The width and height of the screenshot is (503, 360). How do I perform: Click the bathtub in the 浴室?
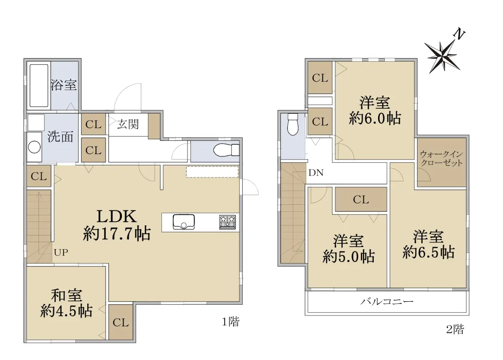coord(39,86)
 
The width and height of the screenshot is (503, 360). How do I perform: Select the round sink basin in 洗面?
coord(34,147)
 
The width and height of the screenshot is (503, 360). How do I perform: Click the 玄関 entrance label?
coord(128,124)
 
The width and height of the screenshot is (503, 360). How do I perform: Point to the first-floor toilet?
coord(226,150)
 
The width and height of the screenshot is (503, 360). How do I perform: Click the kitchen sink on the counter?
coord(184,222)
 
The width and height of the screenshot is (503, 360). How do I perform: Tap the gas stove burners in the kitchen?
coord(228,222)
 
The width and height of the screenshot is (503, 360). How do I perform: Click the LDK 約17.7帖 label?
coord(117,225)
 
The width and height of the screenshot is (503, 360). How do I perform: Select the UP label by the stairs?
coord(61,253)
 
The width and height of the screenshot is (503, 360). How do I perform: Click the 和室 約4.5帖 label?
coord(66,303)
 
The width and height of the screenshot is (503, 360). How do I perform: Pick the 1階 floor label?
coord(231,321)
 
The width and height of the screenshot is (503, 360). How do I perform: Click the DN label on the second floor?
coord(316,172)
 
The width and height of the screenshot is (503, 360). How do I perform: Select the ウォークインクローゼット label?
coord(442,159)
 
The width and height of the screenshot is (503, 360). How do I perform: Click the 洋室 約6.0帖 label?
coord(375,110)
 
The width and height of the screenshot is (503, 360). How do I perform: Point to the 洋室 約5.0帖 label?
coord(348,248)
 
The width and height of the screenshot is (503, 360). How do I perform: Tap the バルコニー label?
coord(387,301)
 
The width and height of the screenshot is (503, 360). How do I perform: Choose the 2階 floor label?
coord(455,329)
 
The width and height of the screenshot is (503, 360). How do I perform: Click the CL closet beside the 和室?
coord(121,323)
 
